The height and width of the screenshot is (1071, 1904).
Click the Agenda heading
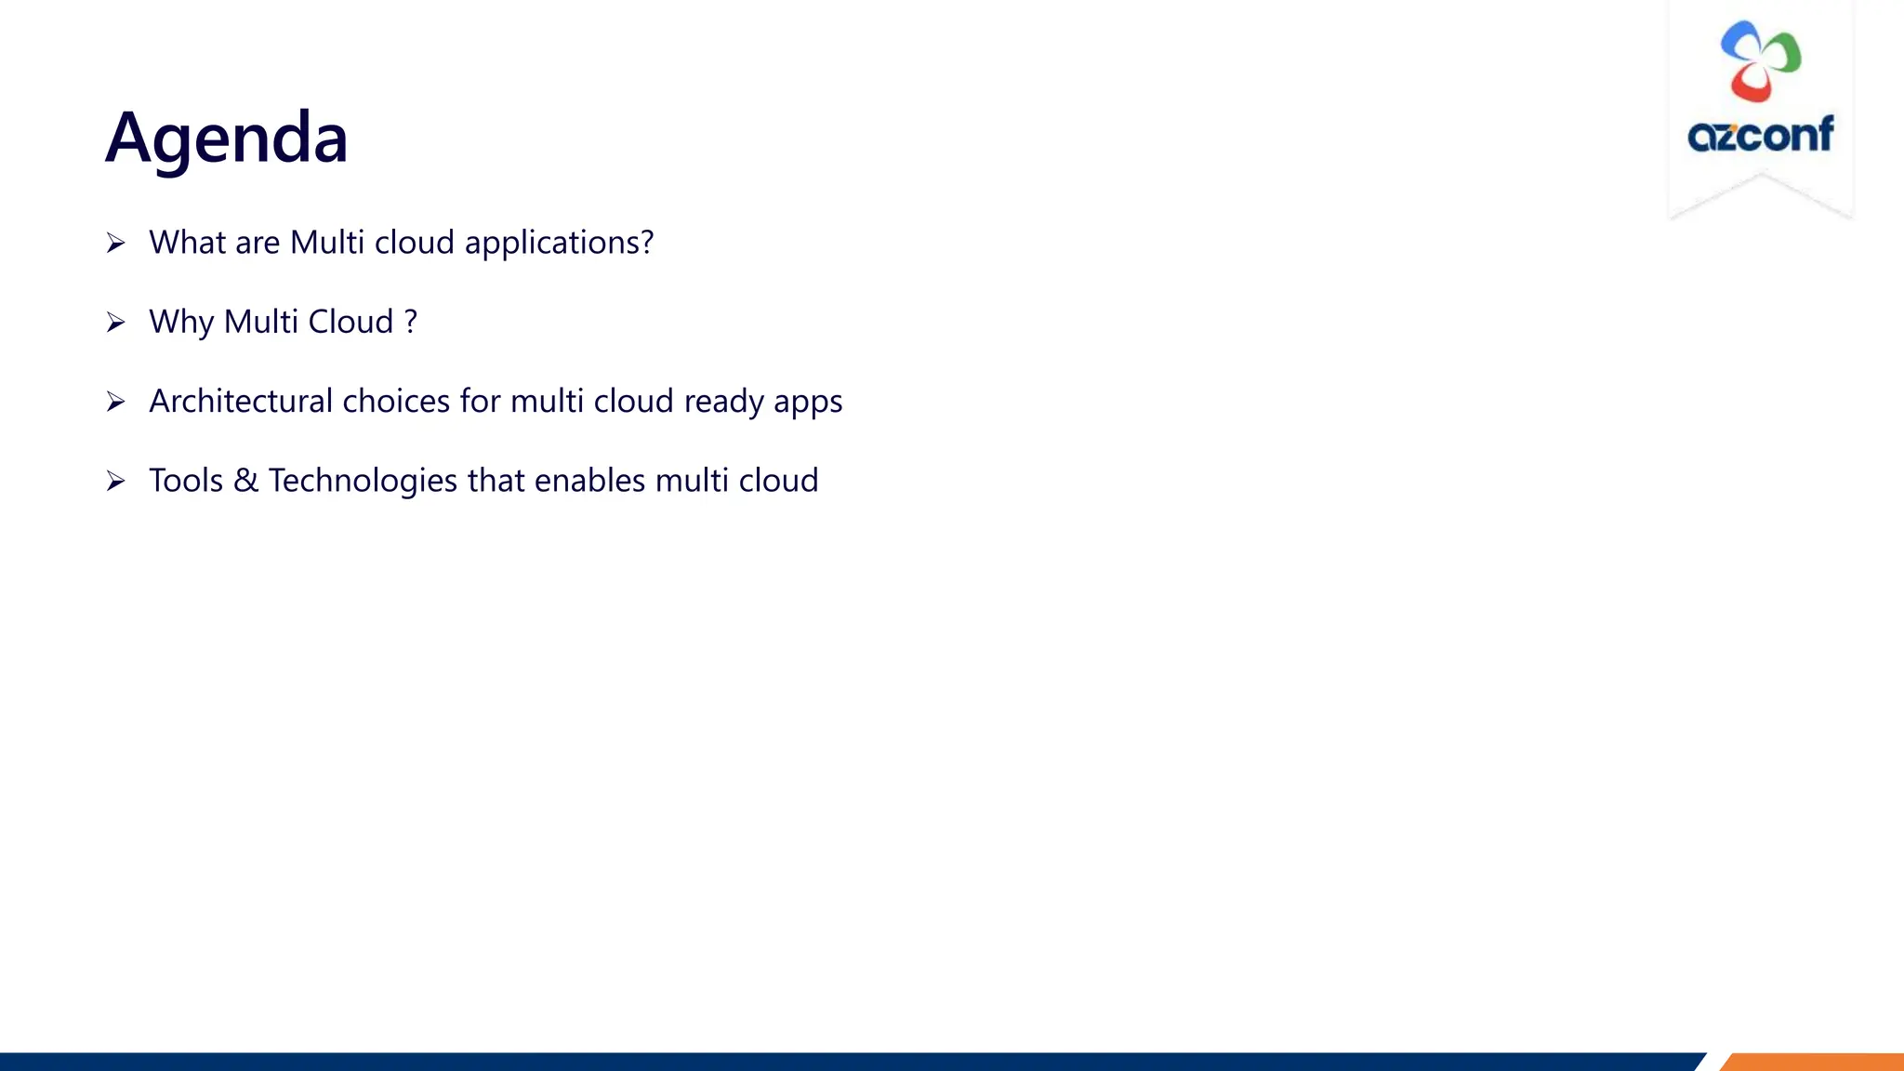coord(226,138)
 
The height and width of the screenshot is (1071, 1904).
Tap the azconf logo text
coord(1760,136)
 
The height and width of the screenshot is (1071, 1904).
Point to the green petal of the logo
coord(1784,57)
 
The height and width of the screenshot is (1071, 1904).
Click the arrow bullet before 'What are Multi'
coord(115,244)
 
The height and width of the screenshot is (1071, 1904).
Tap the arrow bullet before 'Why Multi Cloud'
coord(115,323)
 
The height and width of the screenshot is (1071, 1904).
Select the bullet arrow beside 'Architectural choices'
coord(115,402)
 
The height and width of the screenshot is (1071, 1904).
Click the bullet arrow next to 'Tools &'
coord(115,481)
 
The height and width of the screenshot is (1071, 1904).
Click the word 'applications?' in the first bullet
coord(559,244)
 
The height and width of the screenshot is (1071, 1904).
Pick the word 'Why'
coord(181,323)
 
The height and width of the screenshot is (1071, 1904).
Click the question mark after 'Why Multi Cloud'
coord(411,322)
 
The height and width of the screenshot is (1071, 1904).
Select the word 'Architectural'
coord(241,401)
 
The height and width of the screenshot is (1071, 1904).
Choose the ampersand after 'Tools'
coord(245,481)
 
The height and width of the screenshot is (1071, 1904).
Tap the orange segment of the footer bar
coord(1813,1062)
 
